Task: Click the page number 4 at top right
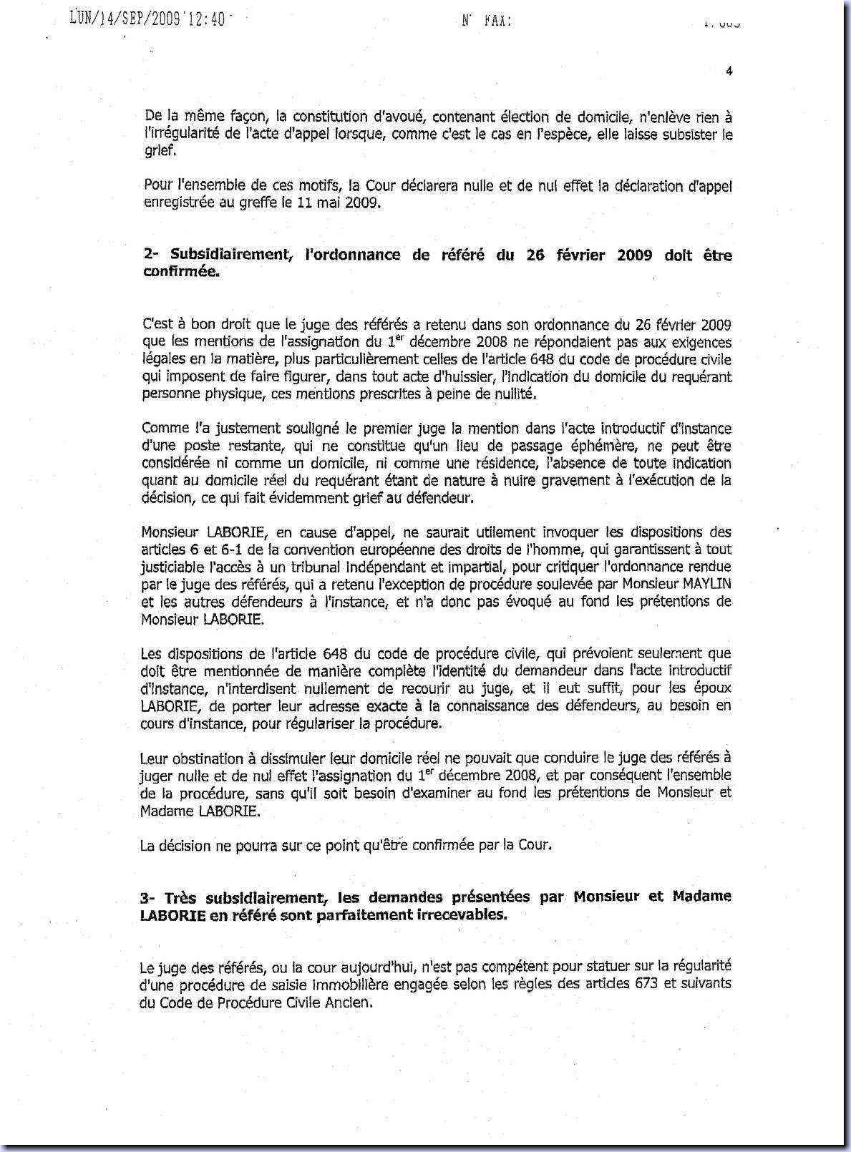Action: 728,71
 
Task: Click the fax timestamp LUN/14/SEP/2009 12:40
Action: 148,20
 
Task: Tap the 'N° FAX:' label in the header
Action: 487,21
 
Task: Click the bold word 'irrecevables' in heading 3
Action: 459,915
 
